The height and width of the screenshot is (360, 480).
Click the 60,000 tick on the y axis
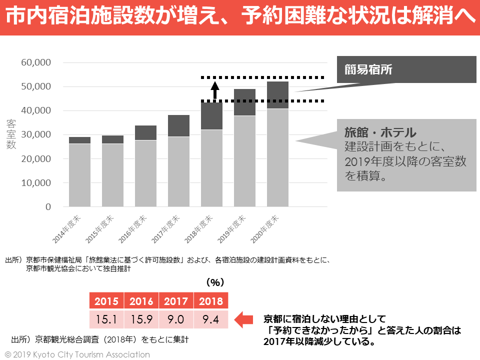pyautogui.click(x=36, y=62)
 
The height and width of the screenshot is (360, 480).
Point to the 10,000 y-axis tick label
pyautogui.click(x=36, y=182)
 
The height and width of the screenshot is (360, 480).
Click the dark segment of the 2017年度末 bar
pyautogui.click(x=178, y=125)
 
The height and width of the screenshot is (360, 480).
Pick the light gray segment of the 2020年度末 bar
pyautogui.click(x=277, y=157)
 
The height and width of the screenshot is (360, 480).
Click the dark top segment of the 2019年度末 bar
pyautogui.click(x=244, y=102)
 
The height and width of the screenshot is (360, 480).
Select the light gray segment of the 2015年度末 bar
pyautogui.click(x=112, y=175)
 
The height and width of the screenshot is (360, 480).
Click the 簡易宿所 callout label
pyautogui.click(x=368, y=70)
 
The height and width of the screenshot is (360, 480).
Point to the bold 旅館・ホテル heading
pyautogui.click(x=380, y=132)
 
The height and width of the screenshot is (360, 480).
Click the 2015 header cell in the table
pyautogui.click(x=106, y=301)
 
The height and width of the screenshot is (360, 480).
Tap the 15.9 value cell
pyautogui.click(x=141, y=319)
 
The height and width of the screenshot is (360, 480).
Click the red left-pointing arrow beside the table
pyautogui.click(x=244, y=319)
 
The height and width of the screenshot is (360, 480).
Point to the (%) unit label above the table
pyautogui.click(x=215, y=282)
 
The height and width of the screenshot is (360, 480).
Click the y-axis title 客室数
pyautogui.click(x=11, y=134)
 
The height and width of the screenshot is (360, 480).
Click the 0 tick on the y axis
pyautogui.click(x=48, y=206)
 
